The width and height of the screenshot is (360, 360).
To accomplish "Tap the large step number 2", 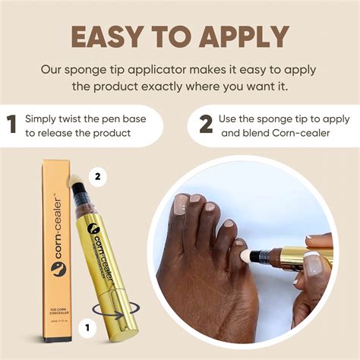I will click(x=206, y=125).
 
